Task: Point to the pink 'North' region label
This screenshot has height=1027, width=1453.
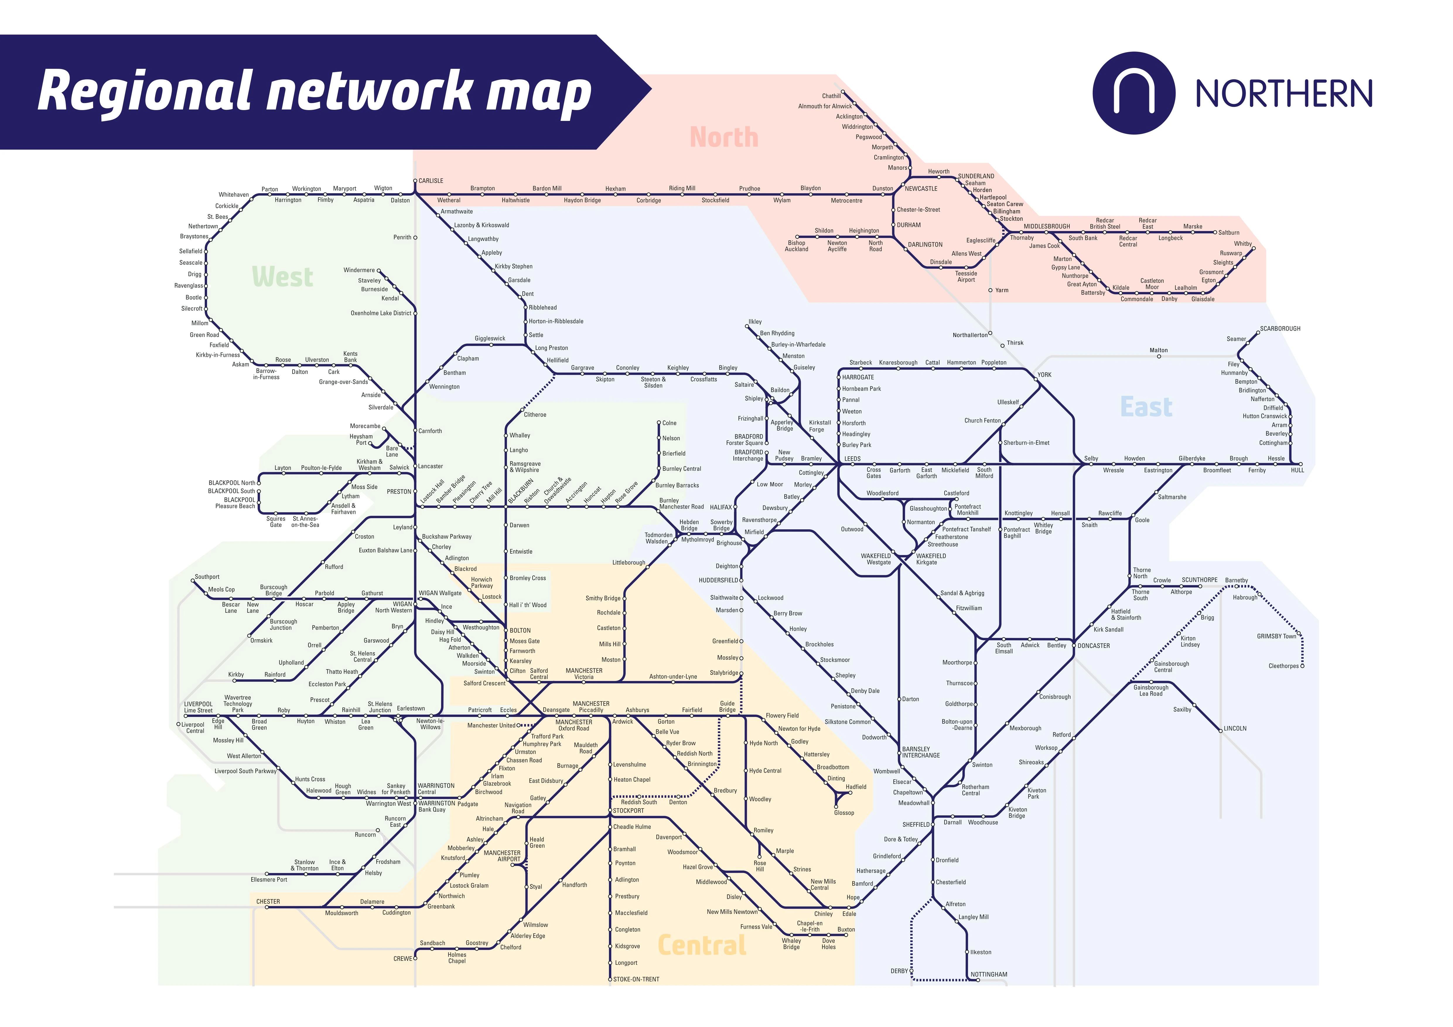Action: coord(724,137)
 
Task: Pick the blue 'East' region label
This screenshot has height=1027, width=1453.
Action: coord(1146,407)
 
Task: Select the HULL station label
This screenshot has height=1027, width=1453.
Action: coord(1297,470)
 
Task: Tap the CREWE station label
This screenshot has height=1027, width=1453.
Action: coord(402,959)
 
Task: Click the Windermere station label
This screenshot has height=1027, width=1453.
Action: coord(359,270)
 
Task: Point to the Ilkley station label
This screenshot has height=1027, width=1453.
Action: coord(755,322)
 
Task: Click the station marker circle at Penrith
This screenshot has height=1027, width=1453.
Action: coord(415,238)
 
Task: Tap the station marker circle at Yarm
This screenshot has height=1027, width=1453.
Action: coord(991,290)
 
